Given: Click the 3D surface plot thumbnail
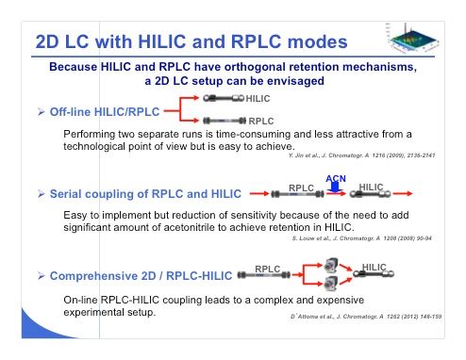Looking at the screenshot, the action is coord(412,38).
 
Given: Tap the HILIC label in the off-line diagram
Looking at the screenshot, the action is coord(258,99).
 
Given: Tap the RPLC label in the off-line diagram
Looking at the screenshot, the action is coord(261,121).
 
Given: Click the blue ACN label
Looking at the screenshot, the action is coord(336,178).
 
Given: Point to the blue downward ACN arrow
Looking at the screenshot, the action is coord(335,188).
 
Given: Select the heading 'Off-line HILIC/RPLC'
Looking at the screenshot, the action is coord(105,112).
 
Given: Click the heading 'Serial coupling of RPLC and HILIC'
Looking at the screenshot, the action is coord(145,194).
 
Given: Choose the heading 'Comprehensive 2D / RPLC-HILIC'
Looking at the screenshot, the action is coord(141,276).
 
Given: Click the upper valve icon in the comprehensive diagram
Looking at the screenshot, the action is coord(331,266).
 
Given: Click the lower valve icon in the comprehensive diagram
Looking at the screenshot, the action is coord(331,283).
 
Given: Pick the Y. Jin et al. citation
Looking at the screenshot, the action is coord(362,155).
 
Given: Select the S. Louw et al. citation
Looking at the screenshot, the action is coord(362,238).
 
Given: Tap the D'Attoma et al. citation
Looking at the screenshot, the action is coord(366,317).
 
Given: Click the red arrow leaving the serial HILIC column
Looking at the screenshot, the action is coord(403,194).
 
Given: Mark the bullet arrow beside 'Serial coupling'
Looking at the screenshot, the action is coord(41,194).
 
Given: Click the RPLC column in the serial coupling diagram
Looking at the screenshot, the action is coord(297,194).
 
